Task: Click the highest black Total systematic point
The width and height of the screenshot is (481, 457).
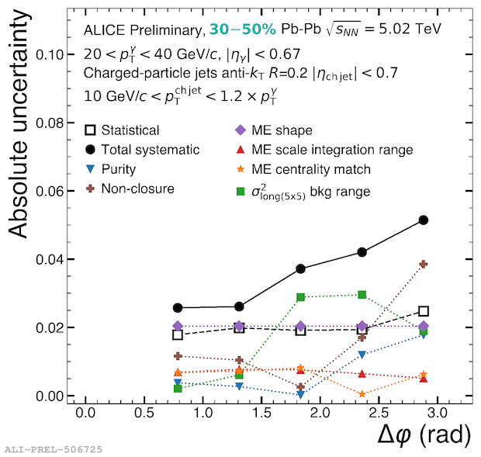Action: point(424,220)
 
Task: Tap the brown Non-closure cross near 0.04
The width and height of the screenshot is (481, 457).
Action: point(424,265)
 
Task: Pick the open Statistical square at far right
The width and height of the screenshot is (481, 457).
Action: point(424,311)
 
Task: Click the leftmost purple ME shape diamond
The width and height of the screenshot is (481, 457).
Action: point(178,326)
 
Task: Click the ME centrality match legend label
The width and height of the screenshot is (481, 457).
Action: point(318,169)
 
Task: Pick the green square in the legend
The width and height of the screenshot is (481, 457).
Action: point(240,190)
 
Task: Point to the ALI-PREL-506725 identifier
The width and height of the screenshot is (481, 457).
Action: point(53,449)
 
